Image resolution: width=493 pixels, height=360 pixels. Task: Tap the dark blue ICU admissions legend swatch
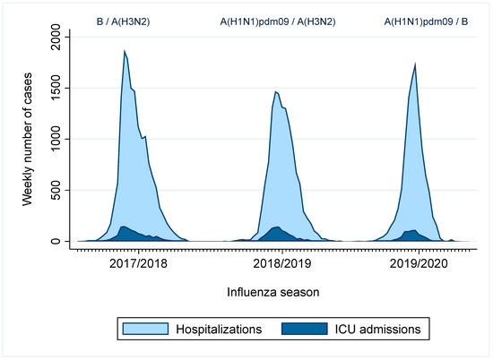(x=305, y=330)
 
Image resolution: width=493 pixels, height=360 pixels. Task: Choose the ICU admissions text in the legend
(x=377, y=330)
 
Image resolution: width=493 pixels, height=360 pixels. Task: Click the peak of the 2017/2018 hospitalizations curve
(x=125, y=50)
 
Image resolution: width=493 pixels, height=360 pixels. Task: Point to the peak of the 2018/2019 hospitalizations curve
(x=276, y=91)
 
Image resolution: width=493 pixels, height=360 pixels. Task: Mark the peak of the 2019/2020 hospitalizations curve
(x=415, y=63)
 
